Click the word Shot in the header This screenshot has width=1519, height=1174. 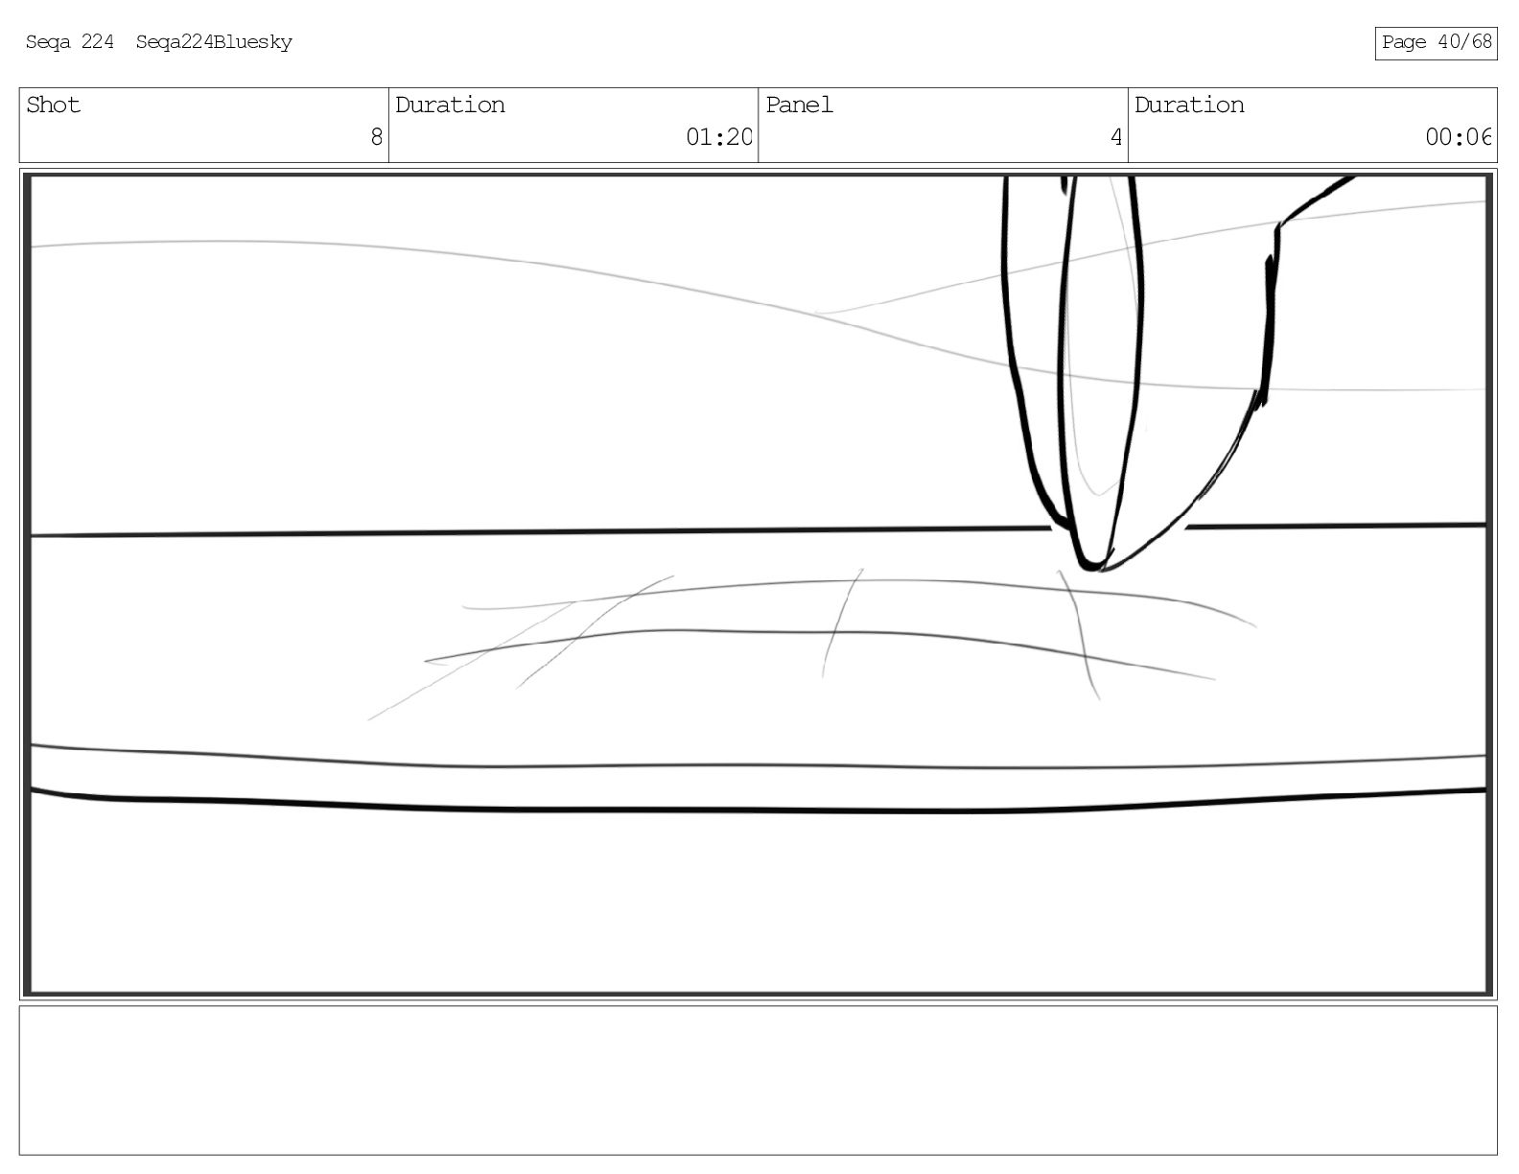coord(53,106)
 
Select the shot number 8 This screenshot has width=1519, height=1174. coord(376,137)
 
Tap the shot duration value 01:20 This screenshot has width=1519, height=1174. coord(718,137)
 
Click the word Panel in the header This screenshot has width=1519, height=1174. coord(799,106)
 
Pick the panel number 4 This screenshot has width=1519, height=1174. coord(1115,137)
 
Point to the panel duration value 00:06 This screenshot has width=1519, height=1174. coord(1458,137)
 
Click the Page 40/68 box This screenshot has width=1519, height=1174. coord(1436,42)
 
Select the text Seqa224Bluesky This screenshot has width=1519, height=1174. coord(214,42)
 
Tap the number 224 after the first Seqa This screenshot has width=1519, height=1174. coord(97,42)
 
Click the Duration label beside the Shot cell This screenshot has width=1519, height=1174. coord(450,106)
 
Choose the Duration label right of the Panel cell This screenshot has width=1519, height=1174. coord(1189,106)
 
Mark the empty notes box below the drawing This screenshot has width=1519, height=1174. coord(758,1079)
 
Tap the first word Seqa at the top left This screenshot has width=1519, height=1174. coord(47,42)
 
